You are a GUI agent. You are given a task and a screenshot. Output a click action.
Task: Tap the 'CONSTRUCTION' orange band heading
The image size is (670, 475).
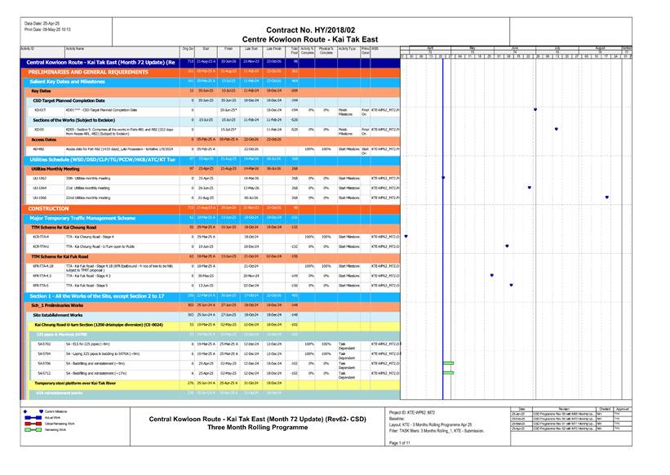pyautogui.click(x=49, y=208)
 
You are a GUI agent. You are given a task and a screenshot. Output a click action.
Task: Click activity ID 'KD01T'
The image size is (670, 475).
pyautogui.click(x=40, y=109)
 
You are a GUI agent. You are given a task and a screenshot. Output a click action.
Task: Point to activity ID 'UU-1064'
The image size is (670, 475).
pyautogui.click(x=40, y=187)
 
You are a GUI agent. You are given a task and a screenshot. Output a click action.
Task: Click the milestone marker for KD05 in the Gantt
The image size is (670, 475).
pyautogui.click(x=556, y=129)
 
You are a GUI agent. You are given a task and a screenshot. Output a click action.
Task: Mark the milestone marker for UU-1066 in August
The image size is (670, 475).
pyautogui.click(x=606, y=198)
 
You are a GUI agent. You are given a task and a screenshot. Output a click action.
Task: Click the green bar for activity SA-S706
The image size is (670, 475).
pyautogui.click(x=447, y=362)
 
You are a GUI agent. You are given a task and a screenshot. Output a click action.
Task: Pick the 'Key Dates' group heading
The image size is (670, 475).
pyautogui.click(x=42, y=91)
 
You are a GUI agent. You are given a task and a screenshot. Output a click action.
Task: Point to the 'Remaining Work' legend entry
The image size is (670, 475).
pyautogui.click(x=55, y=428)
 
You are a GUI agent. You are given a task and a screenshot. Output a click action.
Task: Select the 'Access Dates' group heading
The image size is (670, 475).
pyautogui.click(x=44, y=140)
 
